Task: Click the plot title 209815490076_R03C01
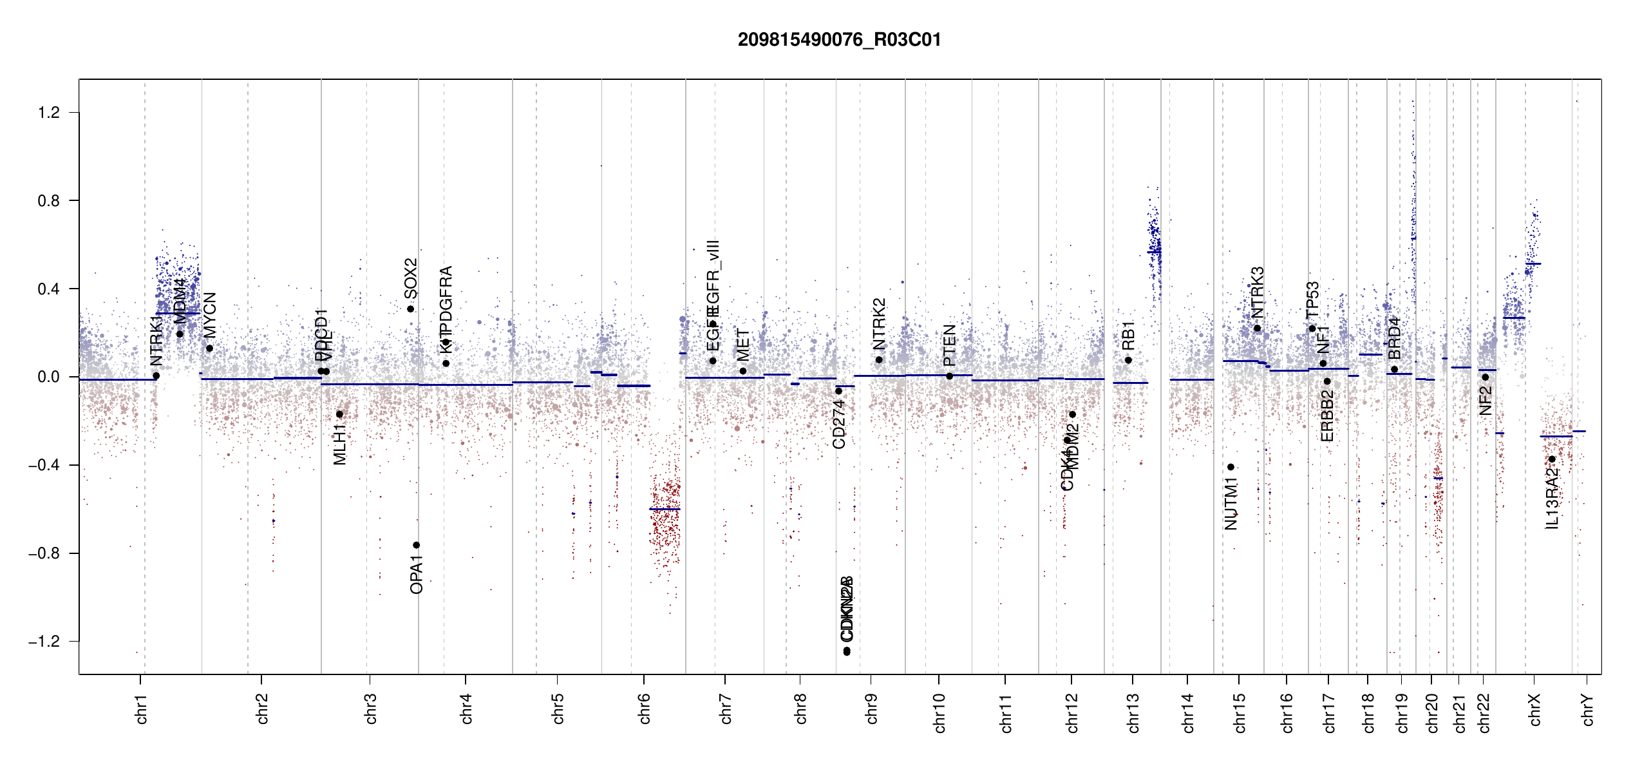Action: click(839, 40)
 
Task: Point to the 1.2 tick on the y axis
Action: click(49, 113)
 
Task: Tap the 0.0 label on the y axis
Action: click(49, 377)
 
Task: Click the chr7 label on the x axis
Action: click(726, 709)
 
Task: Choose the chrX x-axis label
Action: click(1534, 709)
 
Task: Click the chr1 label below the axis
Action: click(141, 709)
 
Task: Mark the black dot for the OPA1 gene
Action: click(416, 545)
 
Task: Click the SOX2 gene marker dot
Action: click(410, 309)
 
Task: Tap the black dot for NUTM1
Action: click(1231, 467)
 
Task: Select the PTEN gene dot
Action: click(949, 376)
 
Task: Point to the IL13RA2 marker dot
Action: click(1552, 459)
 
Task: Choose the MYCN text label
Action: click(210, 315)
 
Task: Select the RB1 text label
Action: click(1128, 335)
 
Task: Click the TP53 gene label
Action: click(1312, 300)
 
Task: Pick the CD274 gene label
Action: click(838, 424)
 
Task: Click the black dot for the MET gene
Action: click(743, 371)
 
